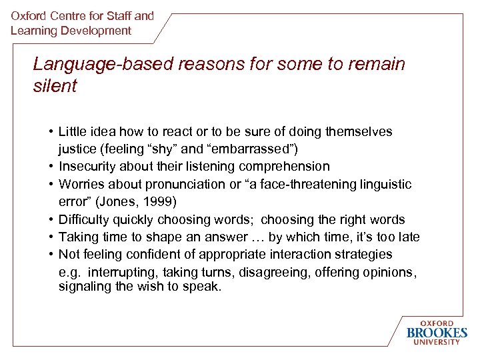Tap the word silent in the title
coord(55,86)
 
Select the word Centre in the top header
coord(77,15)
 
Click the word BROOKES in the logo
coord(437,332)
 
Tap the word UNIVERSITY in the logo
coord(437,343)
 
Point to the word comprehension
coord(288,166)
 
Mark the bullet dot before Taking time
coord(51,237)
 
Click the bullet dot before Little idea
coord(51,131)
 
